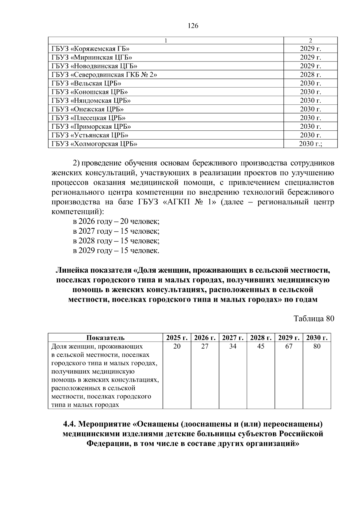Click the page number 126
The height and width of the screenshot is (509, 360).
[193, 26]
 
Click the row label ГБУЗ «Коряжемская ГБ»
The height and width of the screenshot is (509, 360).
[90, 49]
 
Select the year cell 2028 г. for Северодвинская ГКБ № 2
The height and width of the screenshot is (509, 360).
[310, 75]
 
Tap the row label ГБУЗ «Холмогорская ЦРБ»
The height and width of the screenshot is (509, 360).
[94, 144]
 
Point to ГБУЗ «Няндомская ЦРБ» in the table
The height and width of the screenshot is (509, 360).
[91, 100]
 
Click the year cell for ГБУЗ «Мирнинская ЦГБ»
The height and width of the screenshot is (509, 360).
[310, 58]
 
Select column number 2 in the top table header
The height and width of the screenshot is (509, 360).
[310, 40]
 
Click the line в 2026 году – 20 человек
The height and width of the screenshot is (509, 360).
[116, 222]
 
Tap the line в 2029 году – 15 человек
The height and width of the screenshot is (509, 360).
[116, 250]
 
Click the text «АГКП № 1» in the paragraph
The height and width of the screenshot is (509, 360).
[189, 202]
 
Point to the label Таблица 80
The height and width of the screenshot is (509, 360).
[314, 319]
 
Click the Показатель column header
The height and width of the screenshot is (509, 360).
[105, 338]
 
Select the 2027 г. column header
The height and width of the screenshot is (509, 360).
[233, 338]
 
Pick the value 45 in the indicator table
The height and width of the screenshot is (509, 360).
[261, 346]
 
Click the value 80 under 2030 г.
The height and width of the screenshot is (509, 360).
[317, 346]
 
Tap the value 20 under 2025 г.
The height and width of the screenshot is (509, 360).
[177, 346]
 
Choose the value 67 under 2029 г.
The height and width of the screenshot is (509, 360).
[289, 346]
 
